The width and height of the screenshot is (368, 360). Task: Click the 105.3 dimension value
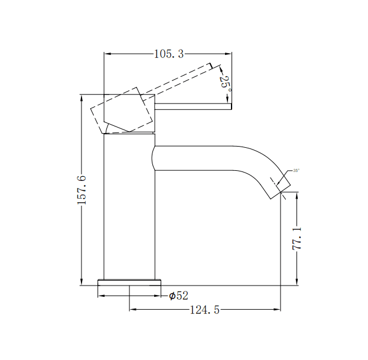169,54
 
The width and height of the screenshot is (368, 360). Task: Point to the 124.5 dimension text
204,310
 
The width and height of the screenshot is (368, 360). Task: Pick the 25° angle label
225,82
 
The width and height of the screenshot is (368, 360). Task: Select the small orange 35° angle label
295,171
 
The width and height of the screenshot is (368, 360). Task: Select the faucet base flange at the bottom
129,281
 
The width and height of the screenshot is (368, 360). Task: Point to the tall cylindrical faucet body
129,207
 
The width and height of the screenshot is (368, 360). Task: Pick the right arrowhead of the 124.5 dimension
278,309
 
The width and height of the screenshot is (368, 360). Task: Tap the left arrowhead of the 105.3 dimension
107,54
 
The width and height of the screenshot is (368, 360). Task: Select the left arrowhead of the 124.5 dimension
132,309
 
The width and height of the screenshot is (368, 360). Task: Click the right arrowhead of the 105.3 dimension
229,54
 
